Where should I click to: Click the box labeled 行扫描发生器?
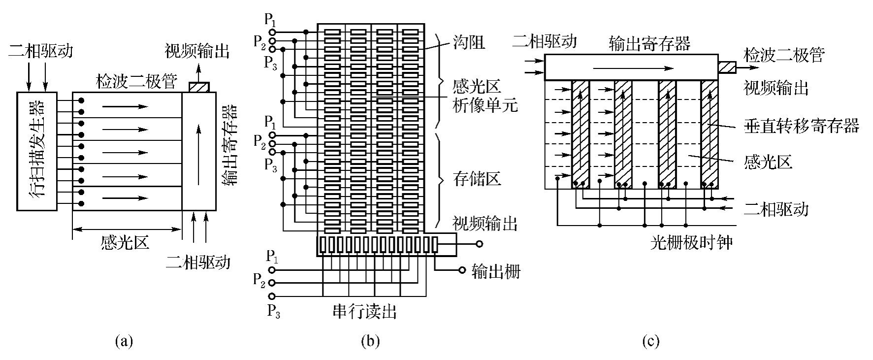36,151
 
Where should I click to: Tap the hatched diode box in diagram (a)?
198,87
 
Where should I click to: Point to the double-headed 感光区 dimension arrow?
127,229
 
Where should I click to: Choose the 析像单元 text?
485,105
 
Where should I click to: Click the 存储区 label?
477,179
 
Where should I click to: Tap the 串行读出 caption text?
364,311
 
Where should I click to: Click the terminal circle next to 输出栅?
462,270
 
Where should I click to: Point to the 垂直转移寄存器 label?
801,126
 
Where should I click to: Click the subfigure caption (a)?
123,341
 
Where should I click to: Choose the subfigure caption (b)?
370,341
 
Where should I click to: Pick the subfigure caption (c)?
650,341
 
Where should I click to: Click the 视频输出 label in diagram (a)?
197,51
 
